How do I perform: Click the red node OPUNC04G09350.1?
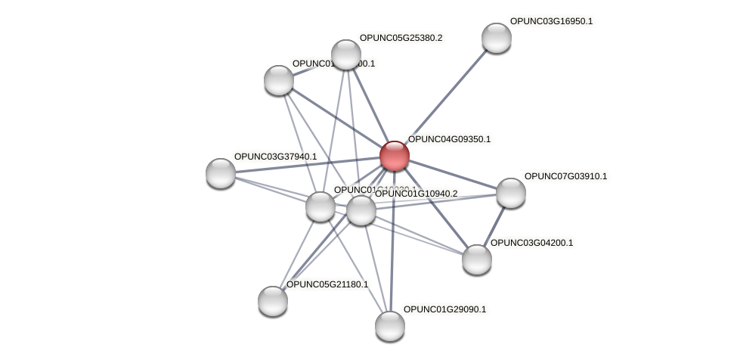(x=394, y=156)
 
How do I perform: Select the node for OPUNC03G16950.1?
(x=496, y=38)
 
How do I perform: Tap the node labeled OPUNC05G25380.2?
(x=346, y=54)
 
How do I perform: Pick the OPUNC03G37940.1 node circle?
(x=221, y=173)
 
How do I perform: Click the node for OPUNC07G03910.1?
(x=510, y=193)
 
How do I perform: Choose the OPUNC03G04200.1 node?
(x=476, y=259)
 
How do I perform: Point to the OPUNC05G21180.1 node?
(x=272, y=301)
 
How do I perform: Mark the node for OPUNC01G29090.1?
(x=390, y=326)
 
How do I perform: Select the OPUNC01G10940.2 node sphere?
(x=361, y=210)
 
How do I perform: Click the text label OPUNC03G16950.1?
(x=551, y=22)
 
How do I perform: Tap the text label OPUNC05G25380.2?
(x=401, y=38)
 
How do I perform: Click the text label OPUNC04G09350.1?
(x=449, y=139)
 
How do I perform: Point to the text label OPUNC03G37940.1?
(x=275, y=157)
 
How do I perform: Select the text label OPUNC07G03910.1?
(x=565, y=176)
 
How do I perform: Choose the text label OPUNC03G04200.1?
(x=531, y=243)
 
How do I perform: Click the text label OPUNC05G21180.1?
(x=327, y=284)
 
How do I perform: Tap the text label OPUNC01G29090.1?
(x=444, y=309)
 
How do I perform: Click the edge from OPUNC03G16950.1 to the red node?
(x=446, y=95)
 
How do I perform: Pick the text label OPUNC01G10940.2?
(x=416, y=194)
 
